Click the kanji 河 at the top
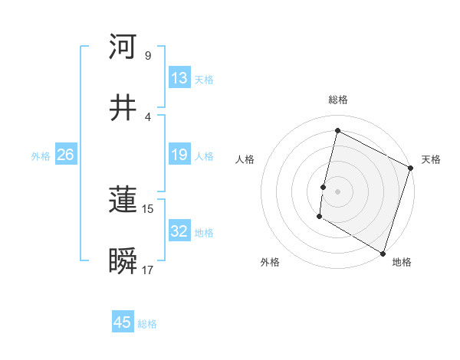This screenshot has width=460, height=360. tap(123, 47)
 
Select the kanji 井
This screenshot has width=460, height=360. tap(123, 108)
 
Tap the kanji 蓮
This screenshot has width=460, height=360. tap(123, 201)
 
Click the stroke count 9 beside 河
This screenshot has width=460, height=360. tap(147, 56)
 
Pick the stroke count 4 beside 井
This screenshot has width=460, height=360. tap(147, 116)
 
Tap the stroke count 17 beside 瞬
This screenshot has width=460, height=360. tap(149, 270)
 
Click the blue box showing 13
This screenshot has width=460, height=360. tap(179, 78)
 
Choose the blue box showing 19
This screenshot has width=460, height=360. tap(179, 155)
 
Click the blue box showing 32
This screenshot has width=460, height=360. tap(179, 231)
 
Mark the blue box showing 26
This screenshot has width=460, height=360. tap(65, 155)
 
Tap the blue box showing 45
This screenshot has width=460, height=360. tap(123, 322)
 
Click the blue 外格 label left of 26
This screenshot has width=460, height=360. tap(41, 156)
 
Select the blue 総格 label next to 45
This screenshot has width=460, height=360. tap(147, 324)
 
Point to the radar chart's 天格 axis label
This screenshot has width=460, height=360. tap(431, 159)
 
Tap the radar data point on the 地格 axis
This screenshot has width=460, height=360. tap(383, 253)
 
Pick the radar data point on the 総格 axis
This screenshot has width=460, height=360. tap(337, 130)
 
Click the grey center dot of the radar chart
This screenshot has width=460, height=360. tap(337, 191)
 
